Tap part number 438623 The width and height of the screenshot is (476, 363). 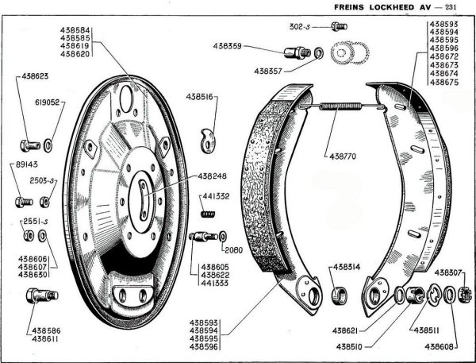30,78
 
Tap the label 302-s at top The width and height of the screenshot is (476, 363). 297,26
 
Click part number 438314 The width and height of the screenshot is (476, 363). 345,267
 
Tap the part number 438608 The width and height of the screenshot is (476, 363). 439,346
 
